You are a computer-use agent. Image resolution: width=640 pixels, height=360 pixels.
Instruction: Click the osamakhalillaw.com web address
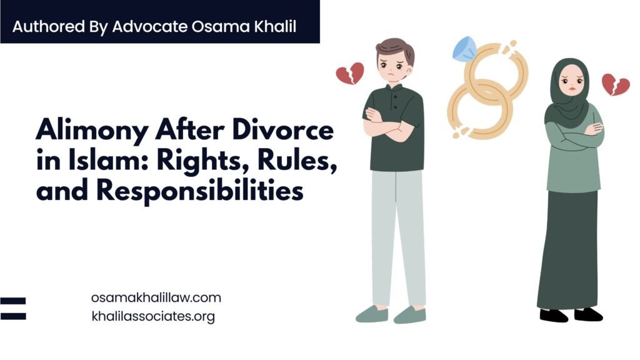pyautogui.click(x=156, y=297)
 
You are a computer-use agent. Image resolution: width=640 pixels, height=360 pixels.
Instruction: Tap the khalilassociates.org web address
pyautogui.click(x=153, y=316)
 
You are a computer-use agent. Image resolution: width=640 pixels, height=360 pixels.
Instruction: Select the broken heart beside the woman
pyautogui.click(x=616, y=84)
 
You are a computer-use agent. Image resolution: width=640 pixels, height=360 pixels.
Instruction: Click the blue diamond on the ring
pyautogui.click(x=465, y=47)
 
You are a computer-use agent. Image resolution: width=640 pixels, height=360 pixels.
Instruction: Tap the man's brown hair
pyautogui.click(x=395, y=50)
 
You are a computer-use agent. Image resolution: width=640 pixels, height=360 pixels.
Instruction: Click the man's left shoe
pyautogui.click(x=410, y=315)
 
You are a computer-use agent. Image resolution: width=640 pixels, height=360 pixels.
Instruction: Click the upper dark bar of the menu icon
pyautogui.click(x=13, y=301)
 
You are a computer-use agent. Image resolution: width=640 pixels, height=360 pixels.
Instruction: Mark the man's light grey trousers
pyautogui.click(x=397, y=238)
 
